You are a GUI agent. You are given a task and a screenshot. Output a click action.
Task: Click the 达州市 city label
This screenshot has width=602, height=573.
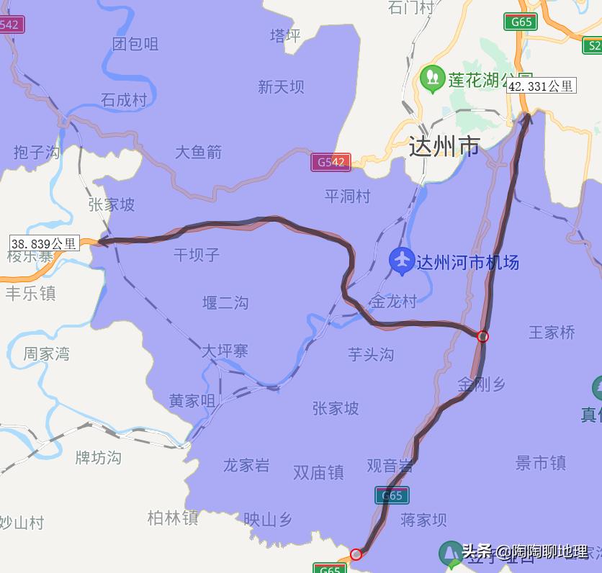point(444,147)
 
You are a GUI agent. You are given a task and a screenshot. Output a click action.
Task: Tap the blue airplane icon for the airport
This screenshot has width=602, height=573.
point(401,261)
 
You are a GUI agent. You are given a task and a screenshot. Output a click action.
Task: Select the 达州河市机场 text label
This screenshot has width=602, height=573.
point(467,262)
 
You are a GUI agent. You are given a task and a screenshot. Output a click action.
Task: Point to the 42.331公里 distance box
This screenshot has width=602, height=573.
point(541,86)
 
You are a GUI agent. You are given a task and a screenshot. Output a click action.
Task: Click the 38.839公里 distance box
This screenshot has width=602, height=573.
point(43,243)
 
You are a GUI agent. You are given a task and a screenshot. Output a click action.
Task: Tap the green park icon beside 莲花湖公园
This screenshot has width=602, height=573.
point(432,78)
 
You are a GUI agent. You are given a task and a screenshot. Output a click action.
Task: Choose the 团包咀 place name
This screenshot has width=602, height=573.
point(135,44)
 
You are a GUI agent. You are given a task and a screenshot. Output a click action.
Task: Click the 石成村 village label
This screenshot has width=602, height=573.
point(124,100)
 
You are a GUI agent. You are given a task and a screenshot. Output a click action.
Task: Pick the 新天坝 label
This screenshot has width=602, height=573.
point(281,87)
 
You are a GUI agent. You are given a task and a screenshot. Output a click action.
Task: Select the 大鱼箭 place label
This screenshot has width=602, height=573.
point(198,153)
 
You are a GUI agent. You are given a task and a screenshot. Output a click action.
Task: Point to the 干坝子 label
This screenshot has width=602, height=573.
point(197,255)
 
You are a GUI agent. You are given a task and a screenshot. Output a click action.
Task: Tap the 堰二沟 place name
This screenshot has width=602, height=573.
point(225,303)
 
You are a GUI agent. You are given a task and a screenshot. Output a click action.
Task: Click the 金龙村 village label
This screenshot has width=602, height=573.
point(393,302)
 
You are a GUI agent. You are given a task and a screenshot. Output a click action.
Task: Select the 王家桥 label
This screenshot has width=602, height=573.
point(552,333)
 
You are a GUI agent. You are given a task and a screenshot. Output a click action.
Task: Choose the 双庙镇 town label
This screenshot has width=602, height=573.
point(318,472)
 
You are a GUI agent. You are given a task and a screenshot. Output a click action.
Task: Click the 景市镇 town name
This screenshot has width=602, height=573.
point(541,464)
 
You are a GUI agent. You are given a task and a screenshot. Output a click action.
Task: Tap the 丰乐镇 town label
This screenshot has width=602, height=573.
point(30,294)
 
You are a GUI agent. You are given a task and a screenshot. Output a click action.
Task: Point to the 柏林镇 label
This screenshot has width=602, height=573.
point(173,518)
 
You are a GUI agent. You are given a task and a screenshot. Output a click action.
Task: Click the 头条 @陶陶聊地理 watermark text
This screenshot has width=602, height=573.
point(524,552)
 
